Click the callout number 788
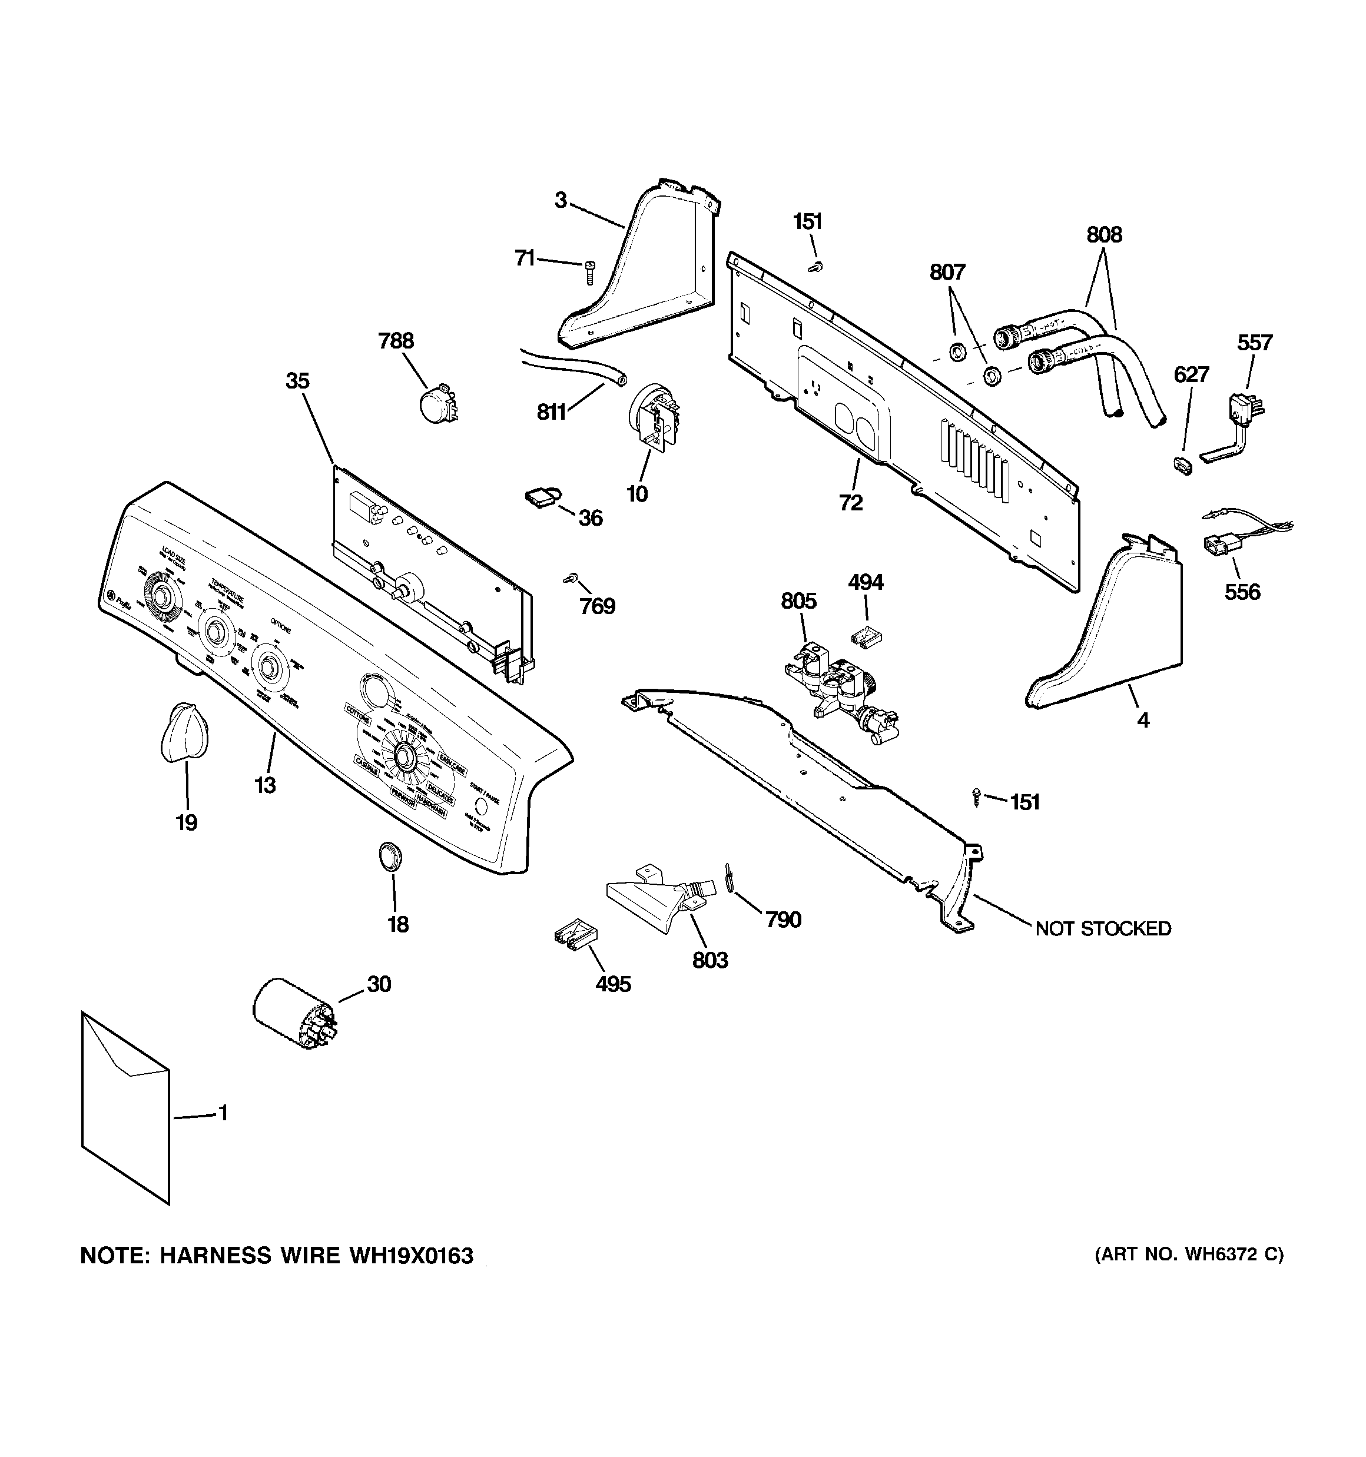396,341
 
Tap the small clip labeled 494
866,635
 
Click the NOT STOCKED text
1103,928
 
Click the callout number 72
851,503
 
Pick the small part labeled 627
1181,466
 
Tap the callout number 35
298,380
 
